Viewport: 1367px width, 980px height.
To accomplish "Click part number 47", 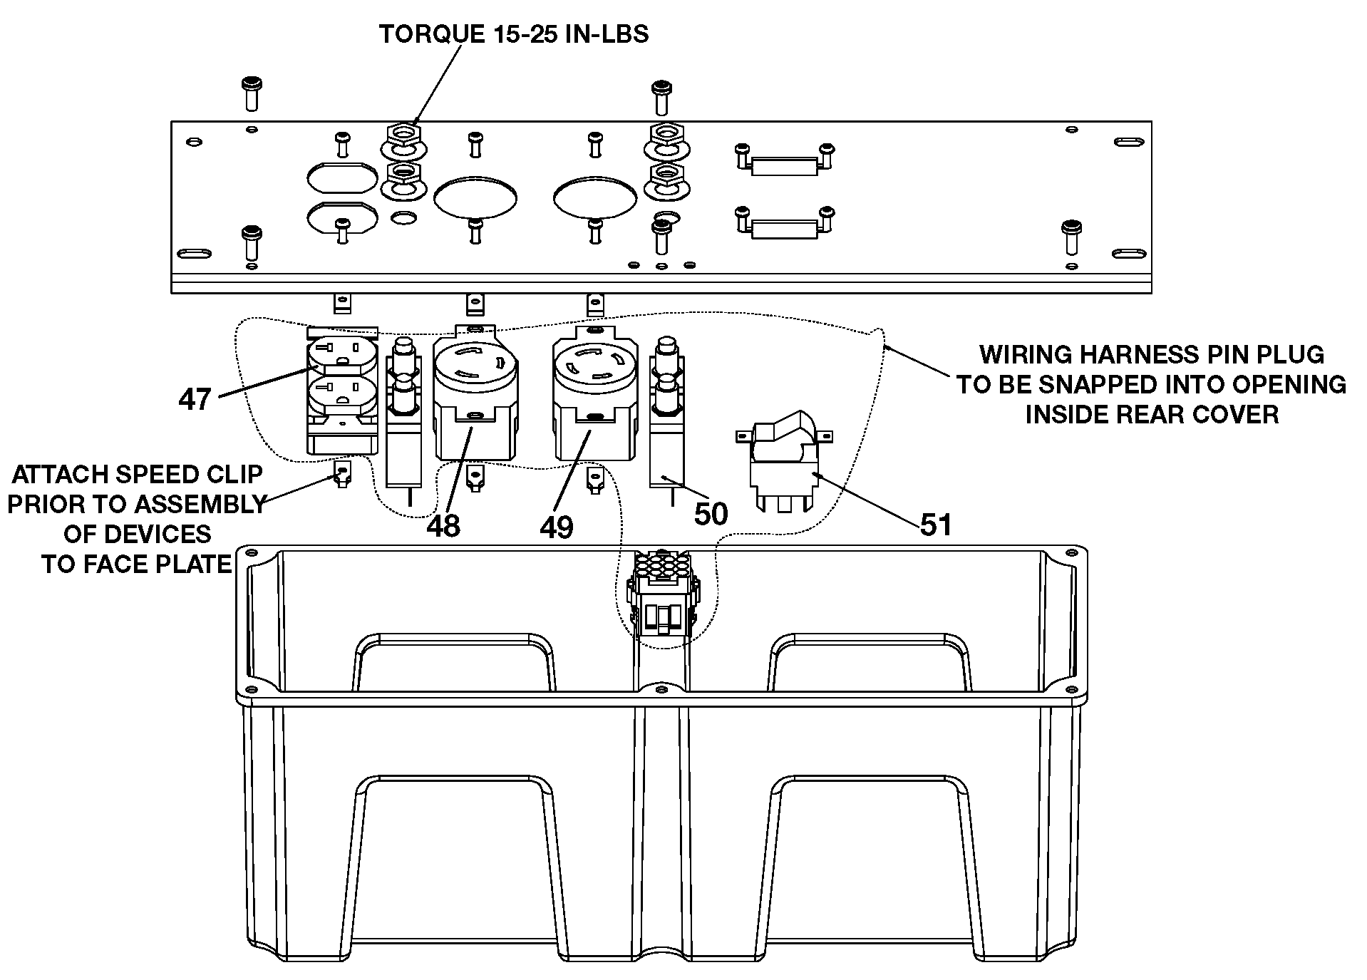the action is tap(195, 399).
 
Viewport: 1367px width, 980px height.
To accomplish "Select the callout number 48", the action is tap(443, 526).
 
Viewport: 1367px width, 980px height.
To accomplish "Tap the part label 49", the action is tap(557, 527).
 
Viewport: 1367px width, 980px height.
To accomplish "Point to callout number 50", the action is tap(711, 514).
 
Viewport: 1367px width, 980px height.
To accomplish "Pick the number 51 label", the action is tap(936, 525).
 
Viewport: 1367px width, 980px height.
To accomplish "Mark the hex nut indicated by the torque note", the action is tap(403, 133).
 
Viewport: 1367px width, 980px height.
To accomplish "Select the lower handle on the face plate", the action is tap(784, 224).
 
